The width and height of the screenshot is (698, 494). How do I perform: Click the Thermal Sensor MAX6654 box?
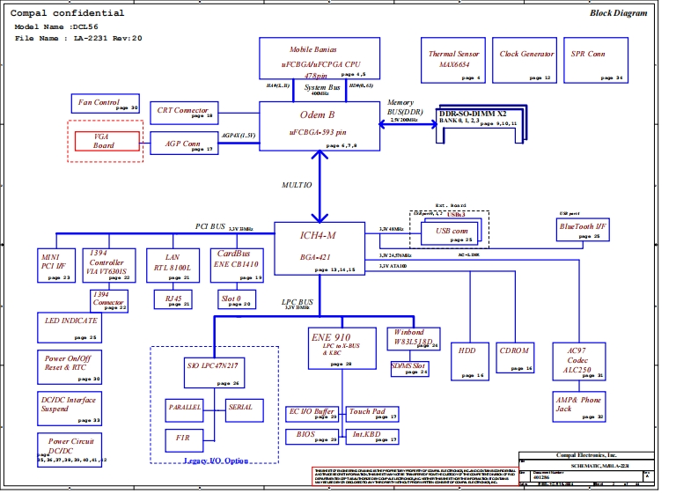454,61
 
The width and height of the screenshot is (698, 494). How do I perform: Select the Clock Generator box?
526,61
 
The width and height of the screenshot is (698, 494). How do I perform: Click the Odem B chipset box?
319,126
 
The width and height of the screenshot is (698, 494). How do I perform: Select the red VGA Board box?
104,141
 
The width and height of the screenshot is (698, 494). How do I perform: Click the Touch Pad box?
371,412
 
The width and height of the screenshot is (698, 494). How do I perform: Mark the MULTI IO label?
297,186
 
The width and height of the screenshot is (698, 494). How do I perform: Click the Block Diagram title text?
618,13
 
